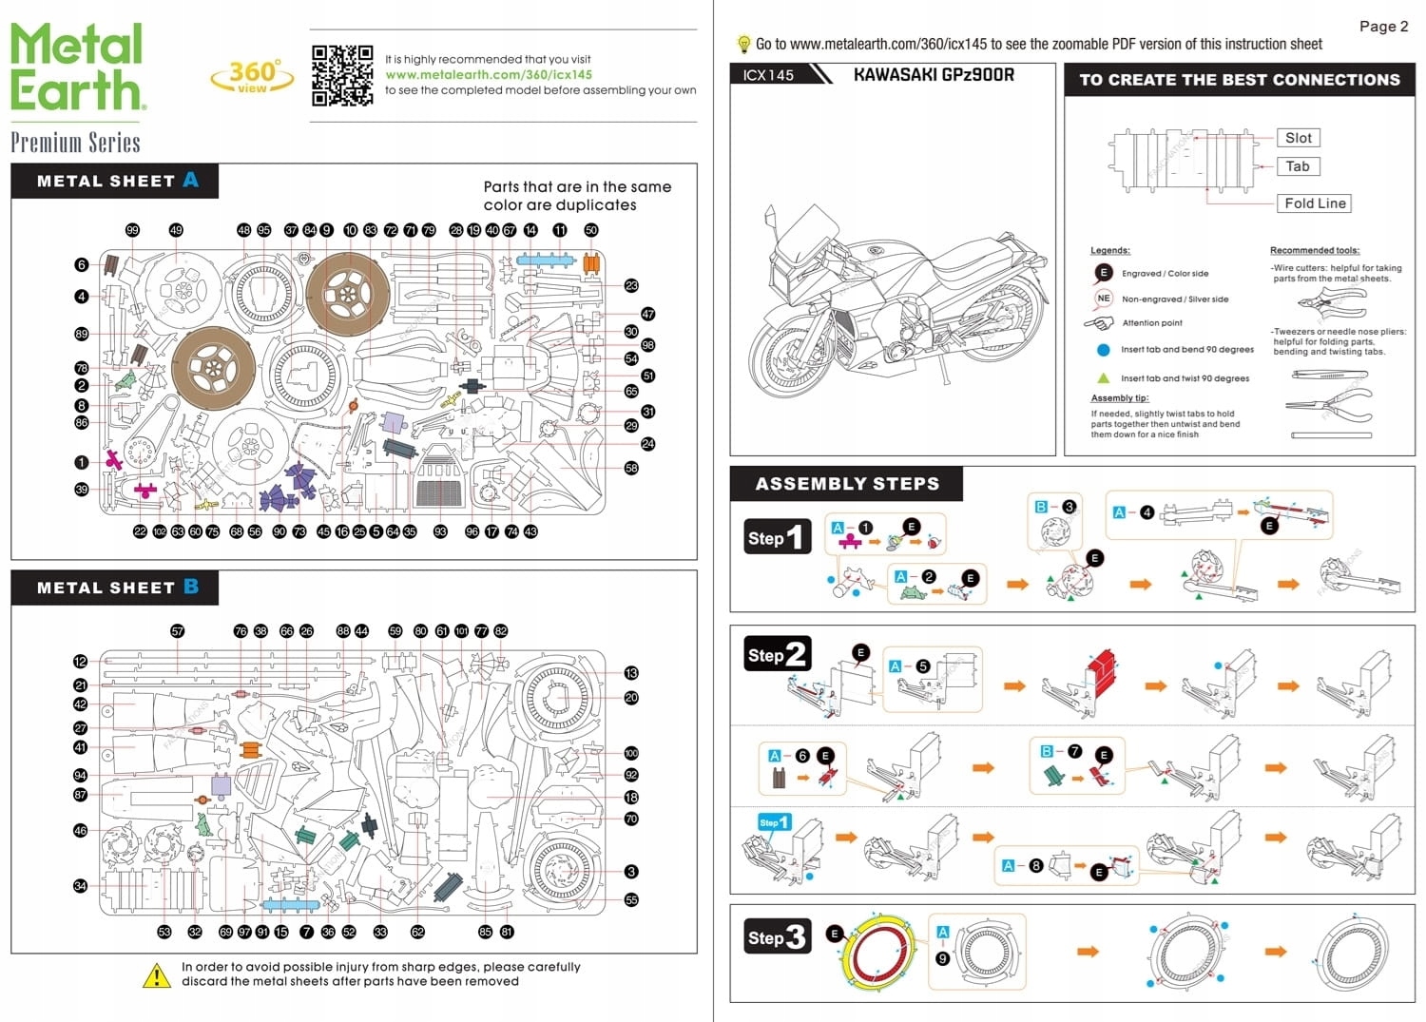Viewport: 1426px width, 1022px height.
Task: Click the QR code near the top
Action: (342, 75)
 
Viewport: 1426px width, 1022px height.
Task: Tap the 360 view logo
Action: (252, 76)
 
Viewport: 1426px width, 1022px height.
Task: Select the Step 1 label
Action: (778, 537)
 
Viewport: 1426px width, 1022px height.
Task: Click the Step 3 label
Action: (778, 937)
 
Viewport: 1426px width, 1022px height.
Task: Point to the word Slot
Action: (1298, 138)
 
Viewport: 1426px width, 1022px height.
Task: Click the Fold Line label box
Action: (1315, 203)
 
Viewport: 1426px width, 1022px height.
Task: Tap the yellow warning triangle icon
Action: (156, 975)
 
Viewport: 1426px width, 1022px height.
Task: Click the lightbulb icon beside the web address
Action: (743, 44)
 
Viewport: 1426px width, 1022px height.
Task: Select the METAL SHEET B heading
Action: (116, 588)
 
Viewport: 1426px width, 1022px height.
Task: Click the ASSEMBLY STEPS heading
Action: (846, 484)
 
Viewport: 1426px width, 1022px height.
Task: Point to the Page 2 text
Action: (1383, 27)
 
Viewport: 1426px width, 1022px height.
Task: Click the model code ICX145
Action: (768, 75)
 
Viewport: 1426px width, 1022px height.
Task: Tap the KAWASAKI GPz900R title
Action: (933, 74)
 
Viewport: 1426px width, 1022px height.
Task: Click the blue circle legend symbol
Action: (1103, 350)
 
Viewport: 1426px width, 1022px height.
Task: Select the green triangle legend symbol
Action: (1103, 378)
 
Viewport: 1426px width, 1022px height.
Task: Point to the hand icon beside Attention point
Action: (1099, 323)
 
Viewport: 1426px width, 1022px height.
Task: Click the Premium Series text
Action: (75, 143)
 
